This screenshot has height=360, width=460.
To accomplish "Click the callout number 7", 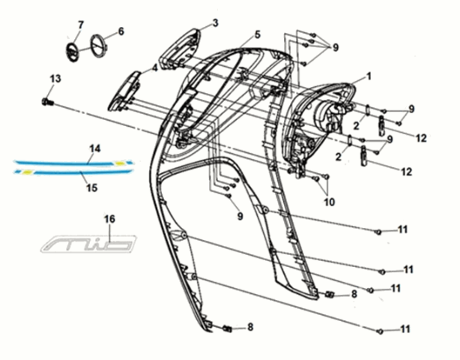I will (x=79, y=25).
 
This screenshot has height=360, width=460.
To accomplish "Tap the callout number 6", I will (x=121, y=31).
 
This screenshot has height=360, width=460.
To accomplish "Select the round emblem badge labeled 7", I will (x=70, y=52).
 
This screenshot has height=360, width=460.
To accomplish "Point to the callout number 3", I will (x=214, y=24).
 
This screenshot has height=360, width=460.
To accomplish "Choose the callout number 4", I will (x=154, y=68).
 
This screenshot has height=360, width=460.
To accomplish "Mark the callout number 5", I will (x=257, y=34).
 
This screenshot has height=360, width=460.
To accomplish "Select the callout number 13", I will (x=55, y=79).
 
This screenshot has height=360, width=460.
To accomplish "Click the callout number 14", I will (x=94, y=148).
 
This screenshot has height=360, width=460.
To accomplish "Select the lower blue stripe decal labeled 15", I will (x=75, y=172).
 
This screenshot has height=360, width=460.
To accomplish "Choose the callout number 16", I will (x=109, y=219).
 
